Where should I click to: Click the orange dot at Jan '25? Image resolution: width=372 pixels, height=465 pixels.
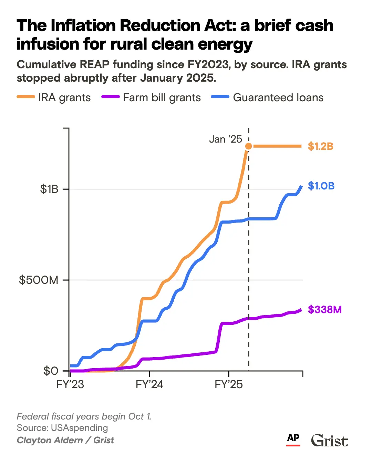click(x=248, y=146)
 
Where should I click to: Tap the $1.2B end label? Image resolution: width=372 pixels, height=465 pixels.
click(x=320, y=146)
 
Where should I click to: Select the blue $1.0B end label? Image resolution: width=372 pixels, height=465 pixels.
click(x=321, y=186)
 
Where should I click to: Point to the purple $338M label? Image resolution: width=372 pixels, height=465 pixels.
click(x=324, y=309)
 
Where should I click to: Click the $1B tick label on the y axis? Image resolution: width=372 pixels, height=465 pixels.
click(x=49, y=189)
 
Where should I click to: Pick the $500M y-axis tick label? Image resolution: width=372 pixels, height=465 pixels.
click(x=39, y=280)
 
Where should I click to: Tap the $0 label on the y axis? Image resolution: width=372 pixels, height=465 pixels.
click(x=51, y=371)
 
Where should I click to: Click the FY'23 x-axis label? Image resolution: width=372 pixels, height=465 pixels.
click(x=70, y=384)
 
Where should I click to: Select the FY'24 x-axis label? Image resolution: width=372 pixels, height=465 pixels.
click(x=149, y=384)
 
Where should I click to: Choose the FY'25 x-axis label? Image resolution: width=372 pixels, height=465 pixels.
click(x=229, y=384)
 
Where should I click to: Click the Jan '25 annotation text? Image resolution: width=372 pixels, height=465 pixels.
click(x=226, y=139)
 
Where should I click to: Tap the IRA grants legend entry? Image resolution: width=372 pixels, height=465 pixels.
click(x=54, y=97)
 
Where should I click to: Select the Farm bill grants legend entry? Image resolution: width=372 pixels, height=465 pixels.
click(x=151, y=97)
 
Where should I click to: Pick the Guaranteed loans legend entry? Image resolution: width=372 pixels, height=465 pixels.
click(x=267, y=97)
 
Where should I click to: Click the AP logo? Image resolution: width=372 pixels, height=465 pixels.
click(x=293, y=439)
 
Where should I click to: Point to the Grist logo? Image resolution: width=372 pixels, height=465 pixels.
click(x=329, y=441)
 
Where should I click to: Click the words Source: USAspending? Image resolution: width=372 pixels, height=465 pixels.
click(x=62, y=428)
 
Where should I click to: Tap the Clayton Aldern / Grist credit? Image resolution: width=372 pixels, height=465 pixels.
click(x=65, y=440)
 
